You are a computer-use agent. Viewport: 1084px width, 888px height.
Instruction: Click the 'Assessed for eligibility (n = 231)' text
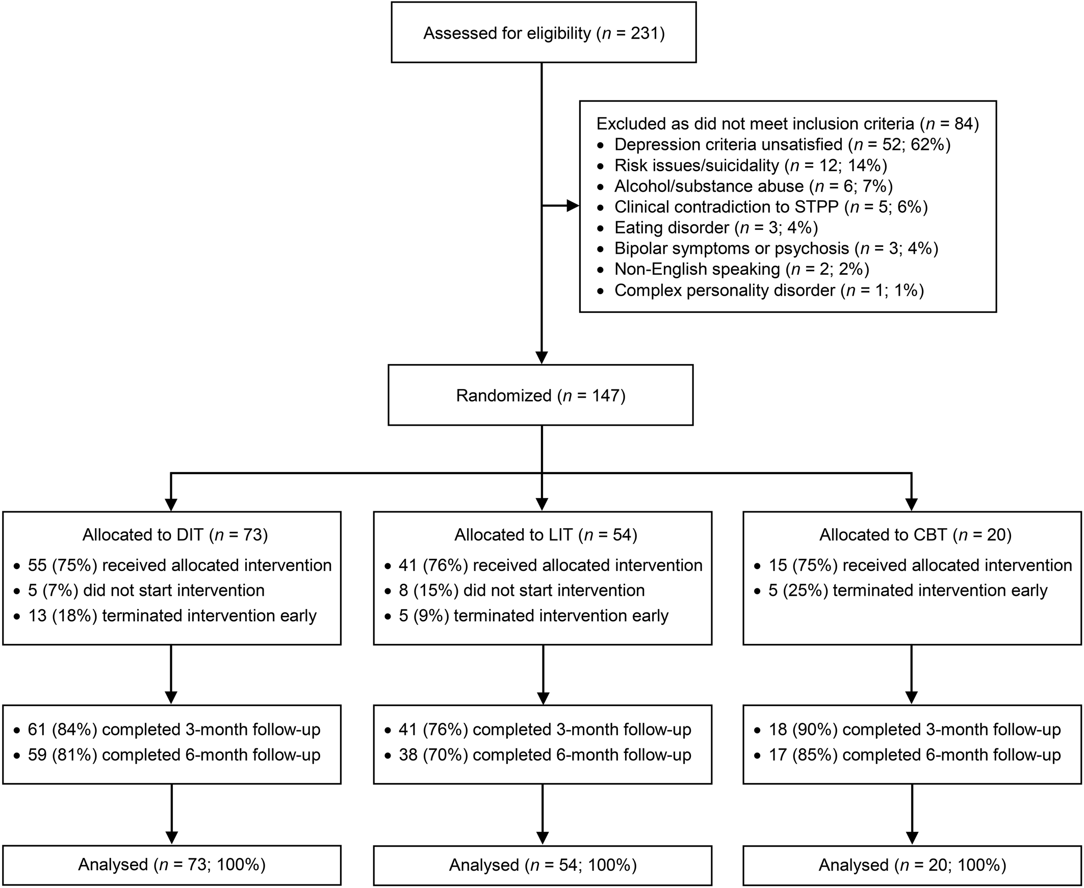[x=544, y=34]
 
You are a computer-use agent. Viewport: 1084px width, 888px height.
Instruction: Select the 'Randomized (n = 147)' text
[x=540, y=396]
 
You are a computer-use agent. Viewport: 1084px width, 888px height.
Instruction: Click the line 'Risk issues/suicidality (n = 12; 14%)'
[x=751, y=165]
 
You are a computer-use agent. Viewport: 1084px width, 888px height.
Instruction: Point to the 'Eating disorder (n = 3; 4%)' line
[x=716, y=228]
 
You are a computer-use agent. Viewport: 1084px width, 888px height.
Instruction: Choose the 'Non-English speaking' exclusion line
[x=741, y=269]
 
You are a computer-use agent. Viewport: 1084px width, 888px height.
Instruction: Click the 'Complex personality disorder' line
[x=768, y=291]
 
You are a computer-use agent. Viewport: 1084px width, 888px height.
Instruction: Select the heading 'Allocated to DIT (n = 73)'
[x=175, y=535]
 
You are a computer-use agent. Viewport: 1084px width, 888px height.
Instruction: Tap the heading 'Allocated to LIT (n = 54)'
[x=546, y=535]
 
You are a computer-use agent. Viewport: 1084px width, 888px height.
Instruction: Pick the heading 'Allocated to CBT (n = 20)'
[x=915, y=535]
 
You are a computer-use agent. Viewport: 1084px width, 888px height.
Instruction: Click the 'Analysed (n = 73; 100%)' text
[x=172, y=865]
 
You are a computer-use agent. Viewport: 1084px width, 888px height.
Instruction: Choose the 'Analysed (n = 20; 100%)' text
[x=912, y=865]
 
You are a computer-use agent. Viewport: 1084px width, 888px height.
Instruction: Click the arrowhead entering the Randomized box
[x=541, y=357]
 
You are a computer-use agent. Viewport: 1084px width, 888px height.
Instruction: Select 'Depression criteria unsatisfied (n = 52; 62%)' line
[x=782, y=145]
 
